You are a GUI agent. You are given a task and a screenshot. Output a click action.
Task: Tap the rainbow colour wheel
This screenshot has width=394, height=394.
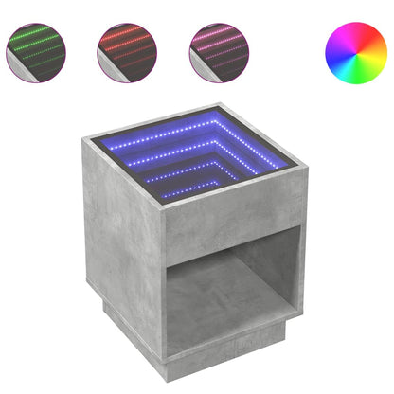tap(354, 51)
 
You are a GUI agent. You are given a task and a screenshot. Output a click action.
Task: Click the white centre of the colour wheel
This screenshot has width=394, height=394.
tap(354, 51)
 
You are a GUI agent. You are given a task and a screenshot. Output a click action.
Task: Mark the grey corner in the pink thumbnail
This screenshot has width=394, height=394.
tap(200, 66)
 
